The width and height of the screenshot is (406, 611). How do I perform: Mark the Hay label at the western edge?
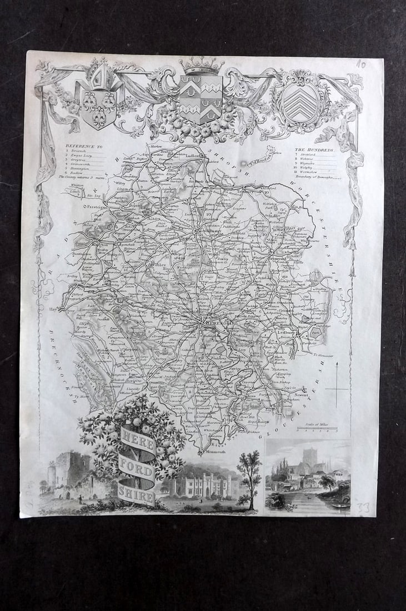coord(54,308)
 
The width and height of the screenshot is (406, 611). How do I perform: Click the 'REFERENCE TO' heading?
coord(81,146)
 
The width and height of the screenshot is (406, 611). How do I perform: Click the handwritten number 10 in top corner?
coord(360,64)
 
